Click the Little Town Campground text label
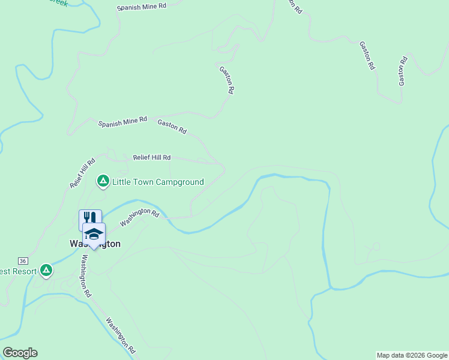coord(158,182)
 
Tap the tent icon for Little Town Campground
coord(103,180)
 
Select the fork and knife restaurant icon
coord(90,218)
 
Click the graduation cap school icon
coord(94,233)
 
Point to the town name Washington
coord(95,244)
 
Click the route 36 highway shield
coord(23,261)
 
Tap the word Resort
coord(18,271)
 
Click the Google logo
coord(20,353)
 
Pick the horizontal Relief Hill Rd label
coord(152,157)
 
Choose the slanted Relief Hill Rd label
coord(83,173)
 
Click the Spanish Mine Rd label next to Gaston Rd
coord(122,122)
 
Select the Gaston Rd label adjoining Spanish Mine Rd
coord(172,126)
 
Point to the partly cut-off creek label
coord(60,2)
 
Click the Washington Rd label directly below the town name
coord(86,276)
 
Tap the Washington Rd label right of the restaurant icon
coord(139,217)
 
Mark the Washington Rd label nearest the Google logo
coord(122,335)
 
